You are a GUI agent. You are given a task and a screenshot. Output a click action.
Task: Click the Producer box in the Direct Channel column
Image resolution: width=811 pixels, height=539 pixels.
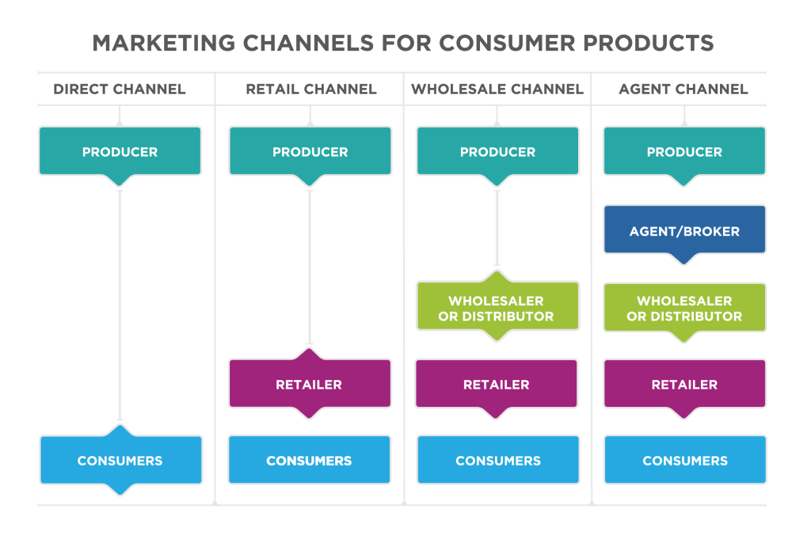pos(120,151)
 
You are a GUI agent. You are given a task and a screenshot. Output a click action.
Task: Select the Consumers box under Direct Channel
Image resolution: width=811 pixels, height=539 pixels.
pos(120,460)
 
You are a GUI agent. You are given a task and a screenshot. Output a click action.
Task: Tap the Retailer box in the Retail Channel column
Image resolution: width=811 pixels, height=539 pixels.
pos(309,384)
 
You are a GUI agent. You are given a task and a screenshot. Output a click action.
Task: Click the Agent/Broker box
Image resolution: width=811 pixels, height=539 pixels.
pos(684,231)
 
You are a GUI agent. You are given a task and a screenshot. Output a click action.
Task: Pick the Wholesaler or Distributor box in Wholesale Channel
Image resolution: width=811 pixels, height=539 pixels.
pos(497,308)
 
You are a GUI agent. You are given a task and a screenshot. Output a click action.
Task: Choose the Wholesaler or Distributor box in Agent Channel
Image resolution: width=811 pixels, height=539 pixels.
pos(684,308)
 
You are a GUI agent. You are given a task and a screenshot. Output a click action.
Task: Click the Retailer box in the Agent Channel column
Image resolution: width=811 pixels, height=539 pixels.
pos(684,384)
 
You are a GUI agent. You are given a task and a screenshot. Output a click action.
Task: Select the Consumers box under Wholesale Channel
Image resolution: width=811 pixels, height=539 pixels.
pos(497,460)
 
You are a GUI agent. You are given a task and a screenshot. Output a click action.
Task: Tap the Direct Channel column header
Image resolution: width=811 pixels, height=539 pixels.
pos(120,89)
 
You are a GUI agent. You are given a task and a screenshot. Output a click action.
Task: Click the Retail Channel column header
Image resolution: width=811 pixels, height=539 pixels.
pos(310,89)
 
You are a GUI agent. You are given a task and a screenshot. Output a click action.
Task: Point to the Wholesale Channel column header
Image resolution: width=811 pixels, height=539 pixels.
pos(497,89)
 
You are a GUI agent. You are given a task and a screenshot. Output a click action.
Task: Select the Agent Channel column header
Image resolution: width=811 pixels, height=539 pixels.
pos(683,89)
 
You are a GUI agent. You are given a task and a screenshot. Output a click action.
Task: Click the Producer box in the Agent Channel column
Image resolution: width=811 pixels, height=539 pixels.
pos(684,151)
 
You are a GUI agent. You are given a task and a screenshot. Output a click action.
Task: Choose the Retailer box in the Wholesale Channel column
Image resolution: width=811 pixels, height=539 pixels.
pos(497,384)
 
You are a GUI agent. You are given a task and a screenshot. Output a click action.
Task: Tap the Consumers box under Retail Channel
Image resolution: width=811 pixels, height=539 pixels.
pos(309,460)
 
